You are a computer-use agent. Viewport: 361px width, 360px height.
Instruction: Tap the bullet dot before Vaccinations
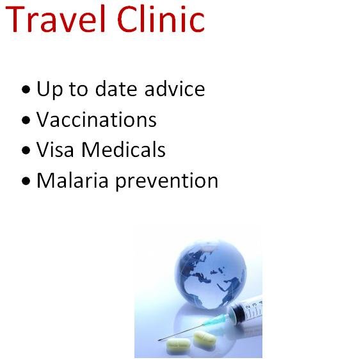25,120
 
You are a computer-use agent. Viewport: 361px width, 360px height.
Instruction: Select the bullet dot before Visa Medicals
25,151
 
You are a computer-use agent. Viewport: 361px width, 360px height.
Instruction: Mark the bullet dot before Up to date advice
25,90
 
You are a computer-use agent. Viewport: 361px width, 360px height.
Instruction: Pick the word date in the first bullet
116,88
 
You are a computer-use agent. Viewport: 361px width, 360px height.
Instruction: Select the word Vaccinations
96,120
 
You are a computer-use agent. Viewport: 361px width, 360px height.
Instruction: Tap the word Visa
54,150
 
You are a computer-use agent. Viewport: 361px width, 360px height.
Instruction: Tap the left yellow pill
179,346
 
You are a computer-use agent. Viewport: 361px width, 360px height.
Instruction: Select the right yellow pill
205,338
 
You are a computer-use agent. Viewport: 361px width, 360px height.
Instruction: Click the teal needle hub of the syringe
221,318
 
